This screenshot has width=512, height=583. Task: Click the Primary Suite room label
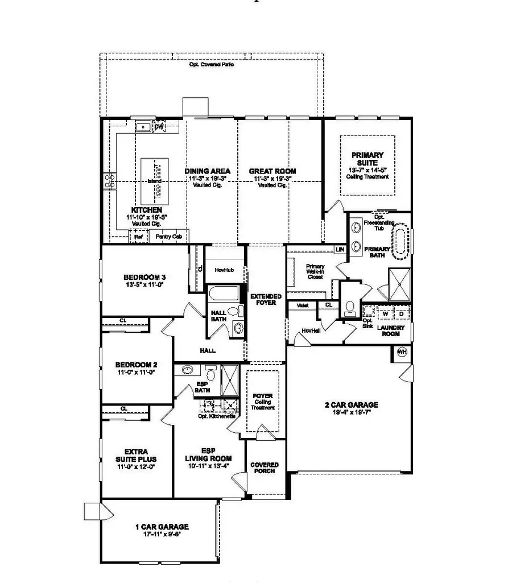tap(368, 159)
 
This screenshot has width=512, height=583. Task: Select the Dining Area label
tap(207, 171)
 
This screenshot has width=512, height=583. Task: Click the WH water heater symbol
tap(402, 353)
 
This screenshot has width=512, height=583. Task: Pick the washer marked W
tap(385, 313)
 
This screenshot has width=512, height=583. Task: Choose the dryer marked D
tap(400, 313)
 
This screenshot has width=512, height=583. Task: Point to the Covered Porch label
tap(265, 468)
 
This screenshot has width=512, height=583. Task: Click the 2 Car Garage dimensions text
tap(352, 414)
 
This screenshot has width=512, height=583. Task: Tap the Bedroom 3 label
tap(145, 278)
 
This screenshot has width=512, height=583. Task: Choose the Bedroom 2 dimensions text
tap(137, 372)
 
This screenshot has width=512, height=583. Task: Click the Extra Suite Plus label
tap(136, 454)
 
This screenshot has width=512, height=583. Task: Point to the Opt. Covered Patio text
tap(211, 65)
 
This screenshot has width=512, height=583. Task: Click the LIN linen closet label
tap(340, 250)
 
